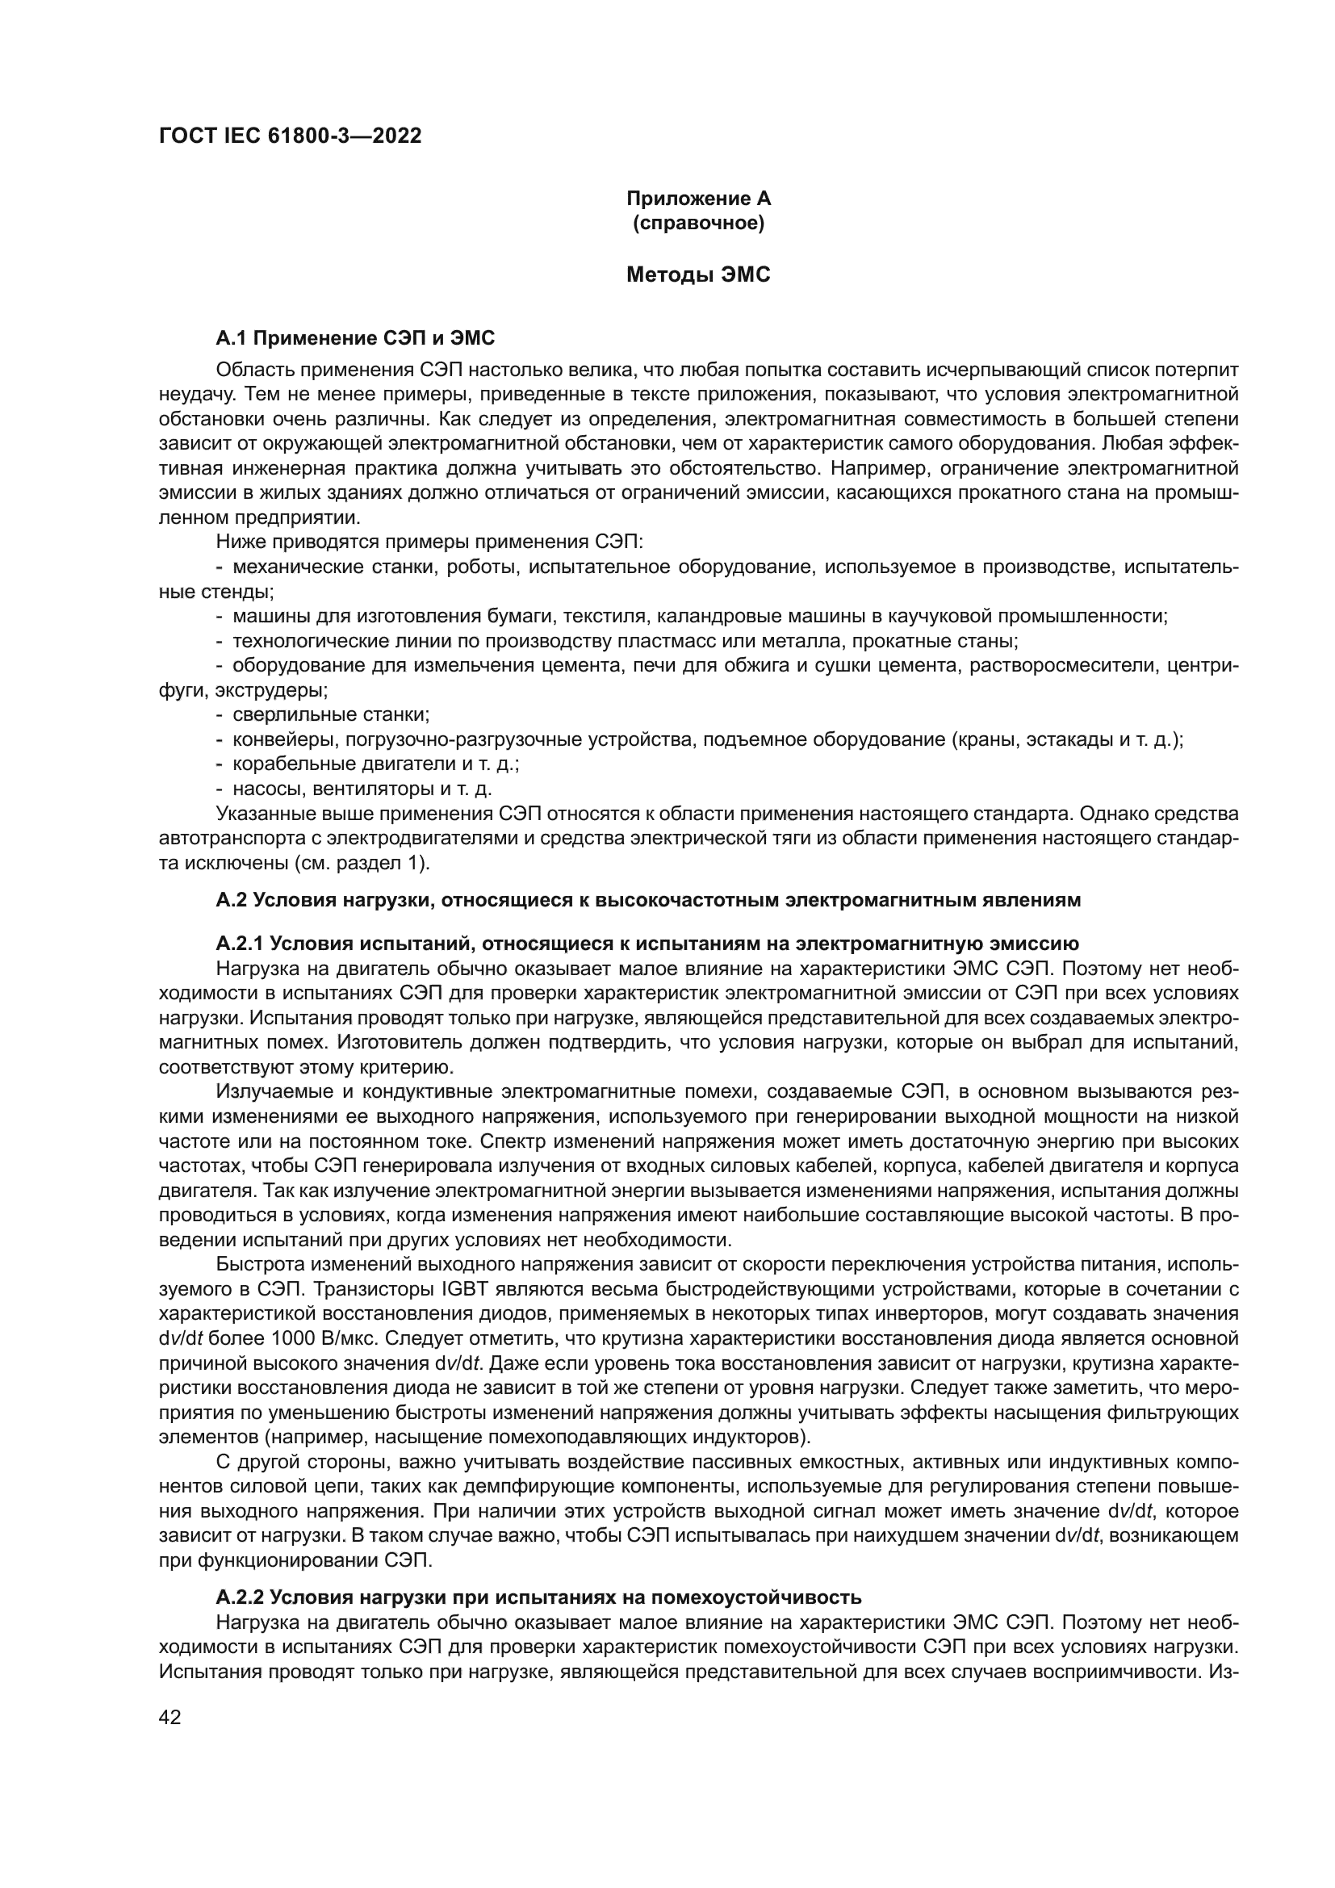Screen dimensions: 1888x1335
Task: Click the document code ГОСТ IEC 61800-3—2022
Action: coord(291,136)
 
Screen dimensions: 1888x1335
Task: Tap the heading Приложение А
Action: coord(699,199)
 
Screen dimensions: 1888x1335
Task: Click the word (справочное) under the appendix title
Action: coord(699,223)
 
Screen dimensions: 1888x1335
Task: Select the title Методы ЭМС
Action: coord(699,274)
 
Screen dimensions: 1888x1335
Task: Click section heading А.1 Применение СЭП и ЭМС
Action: coord(355,338)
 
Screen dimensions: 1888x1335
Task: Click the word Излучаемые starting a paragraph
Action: coord(266,1091)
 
